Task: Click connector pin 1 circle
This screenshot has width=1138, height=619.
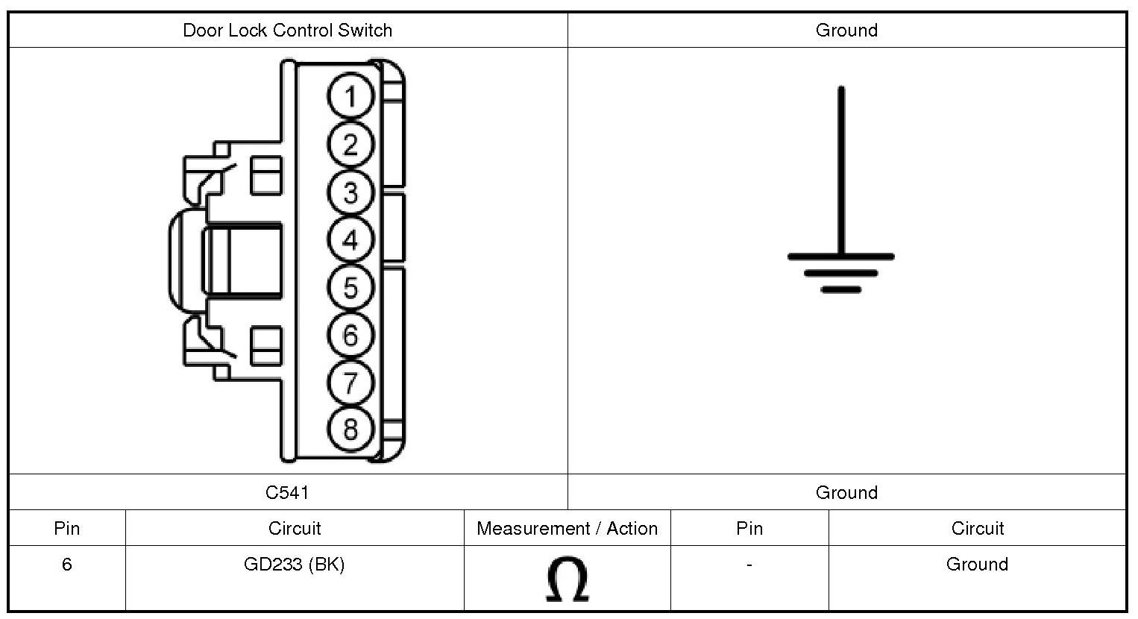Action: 350,97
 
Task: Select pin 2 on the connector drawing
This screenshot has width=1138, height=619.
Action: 350,145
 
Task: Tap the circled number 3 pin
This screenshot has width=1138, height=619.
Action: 350,192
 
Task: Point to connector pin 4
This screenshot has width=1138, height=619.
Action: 350,240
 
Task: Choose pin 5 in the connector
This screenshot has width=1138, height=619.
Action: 350,288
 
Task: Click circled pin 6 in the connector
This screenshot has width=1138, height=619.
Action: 350,336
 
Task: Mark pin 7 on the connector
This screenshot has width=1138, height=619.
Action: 350,383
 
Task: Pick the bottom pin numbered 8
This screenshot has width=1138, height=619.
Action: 350,430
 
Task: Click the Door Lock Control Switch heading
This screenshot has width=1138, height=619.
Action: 287,31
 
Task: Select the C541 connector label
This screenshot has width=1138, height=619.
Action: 287,492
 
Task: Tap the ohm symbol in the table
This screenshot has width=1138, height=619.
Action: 567,579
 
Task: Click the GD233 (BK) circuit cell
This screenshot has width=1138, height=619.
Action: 295,565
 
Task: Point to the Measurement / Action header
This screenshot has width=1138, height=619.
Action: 567,529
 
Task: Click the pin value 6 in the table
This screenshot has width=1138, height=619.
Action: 66,565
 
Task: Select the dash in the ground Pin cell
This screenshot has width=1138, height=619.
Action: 749,565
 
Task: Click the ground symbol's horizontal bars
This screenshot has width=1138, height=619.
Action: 841,272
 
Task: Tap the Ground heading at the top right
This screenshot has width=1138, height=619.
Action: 846,31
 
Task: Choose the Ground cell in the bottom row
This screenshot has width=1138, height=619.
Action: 977,565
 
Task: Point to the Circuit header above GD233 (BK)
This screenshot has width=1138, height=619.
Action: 295,529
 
